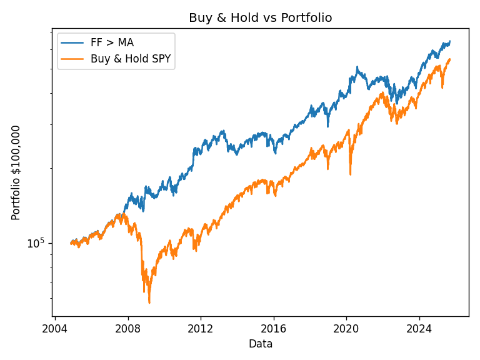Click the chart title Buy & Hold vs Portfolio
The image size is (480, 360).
tap(260, 18)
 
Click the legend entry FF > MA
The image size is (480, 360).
tap(112, 43)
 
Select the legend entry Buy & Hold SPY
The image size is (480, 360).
tap(130, 59)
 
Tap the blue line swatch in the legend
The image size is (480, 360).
tap(73, 43)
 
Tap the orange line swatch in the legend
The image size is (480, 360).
tap(73, 60)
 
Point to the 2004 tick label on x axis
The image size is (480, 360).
tap(55, 329)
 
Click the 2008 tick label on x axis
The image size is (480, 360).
tap(127, 329)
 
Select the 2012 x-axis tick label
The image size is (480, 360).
tap(201, 329)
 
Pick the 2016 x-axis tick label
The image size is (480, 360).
tap(273, 329)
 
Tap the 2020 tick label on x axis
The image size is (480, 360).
tap(346, 329)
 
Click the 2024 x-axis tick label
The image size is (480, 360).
tap(419, 329)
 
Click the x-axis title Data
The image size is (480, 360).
tap(260, 344)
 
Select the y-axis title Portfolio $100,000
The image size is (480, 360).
tap(16, 172)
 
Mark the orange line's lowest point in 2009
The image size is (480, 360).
tap(149, 303)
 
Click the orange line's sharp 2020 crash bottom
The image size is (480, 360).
tap(350, 174)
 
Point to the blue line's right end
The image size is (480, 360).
tap(449, 41)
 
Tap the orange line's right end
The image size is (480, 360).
tap(449, 59)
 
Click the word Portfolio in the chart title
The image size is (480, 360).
tap(310, 18)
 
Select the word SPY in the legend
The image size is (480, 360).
tap(161, 59)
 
